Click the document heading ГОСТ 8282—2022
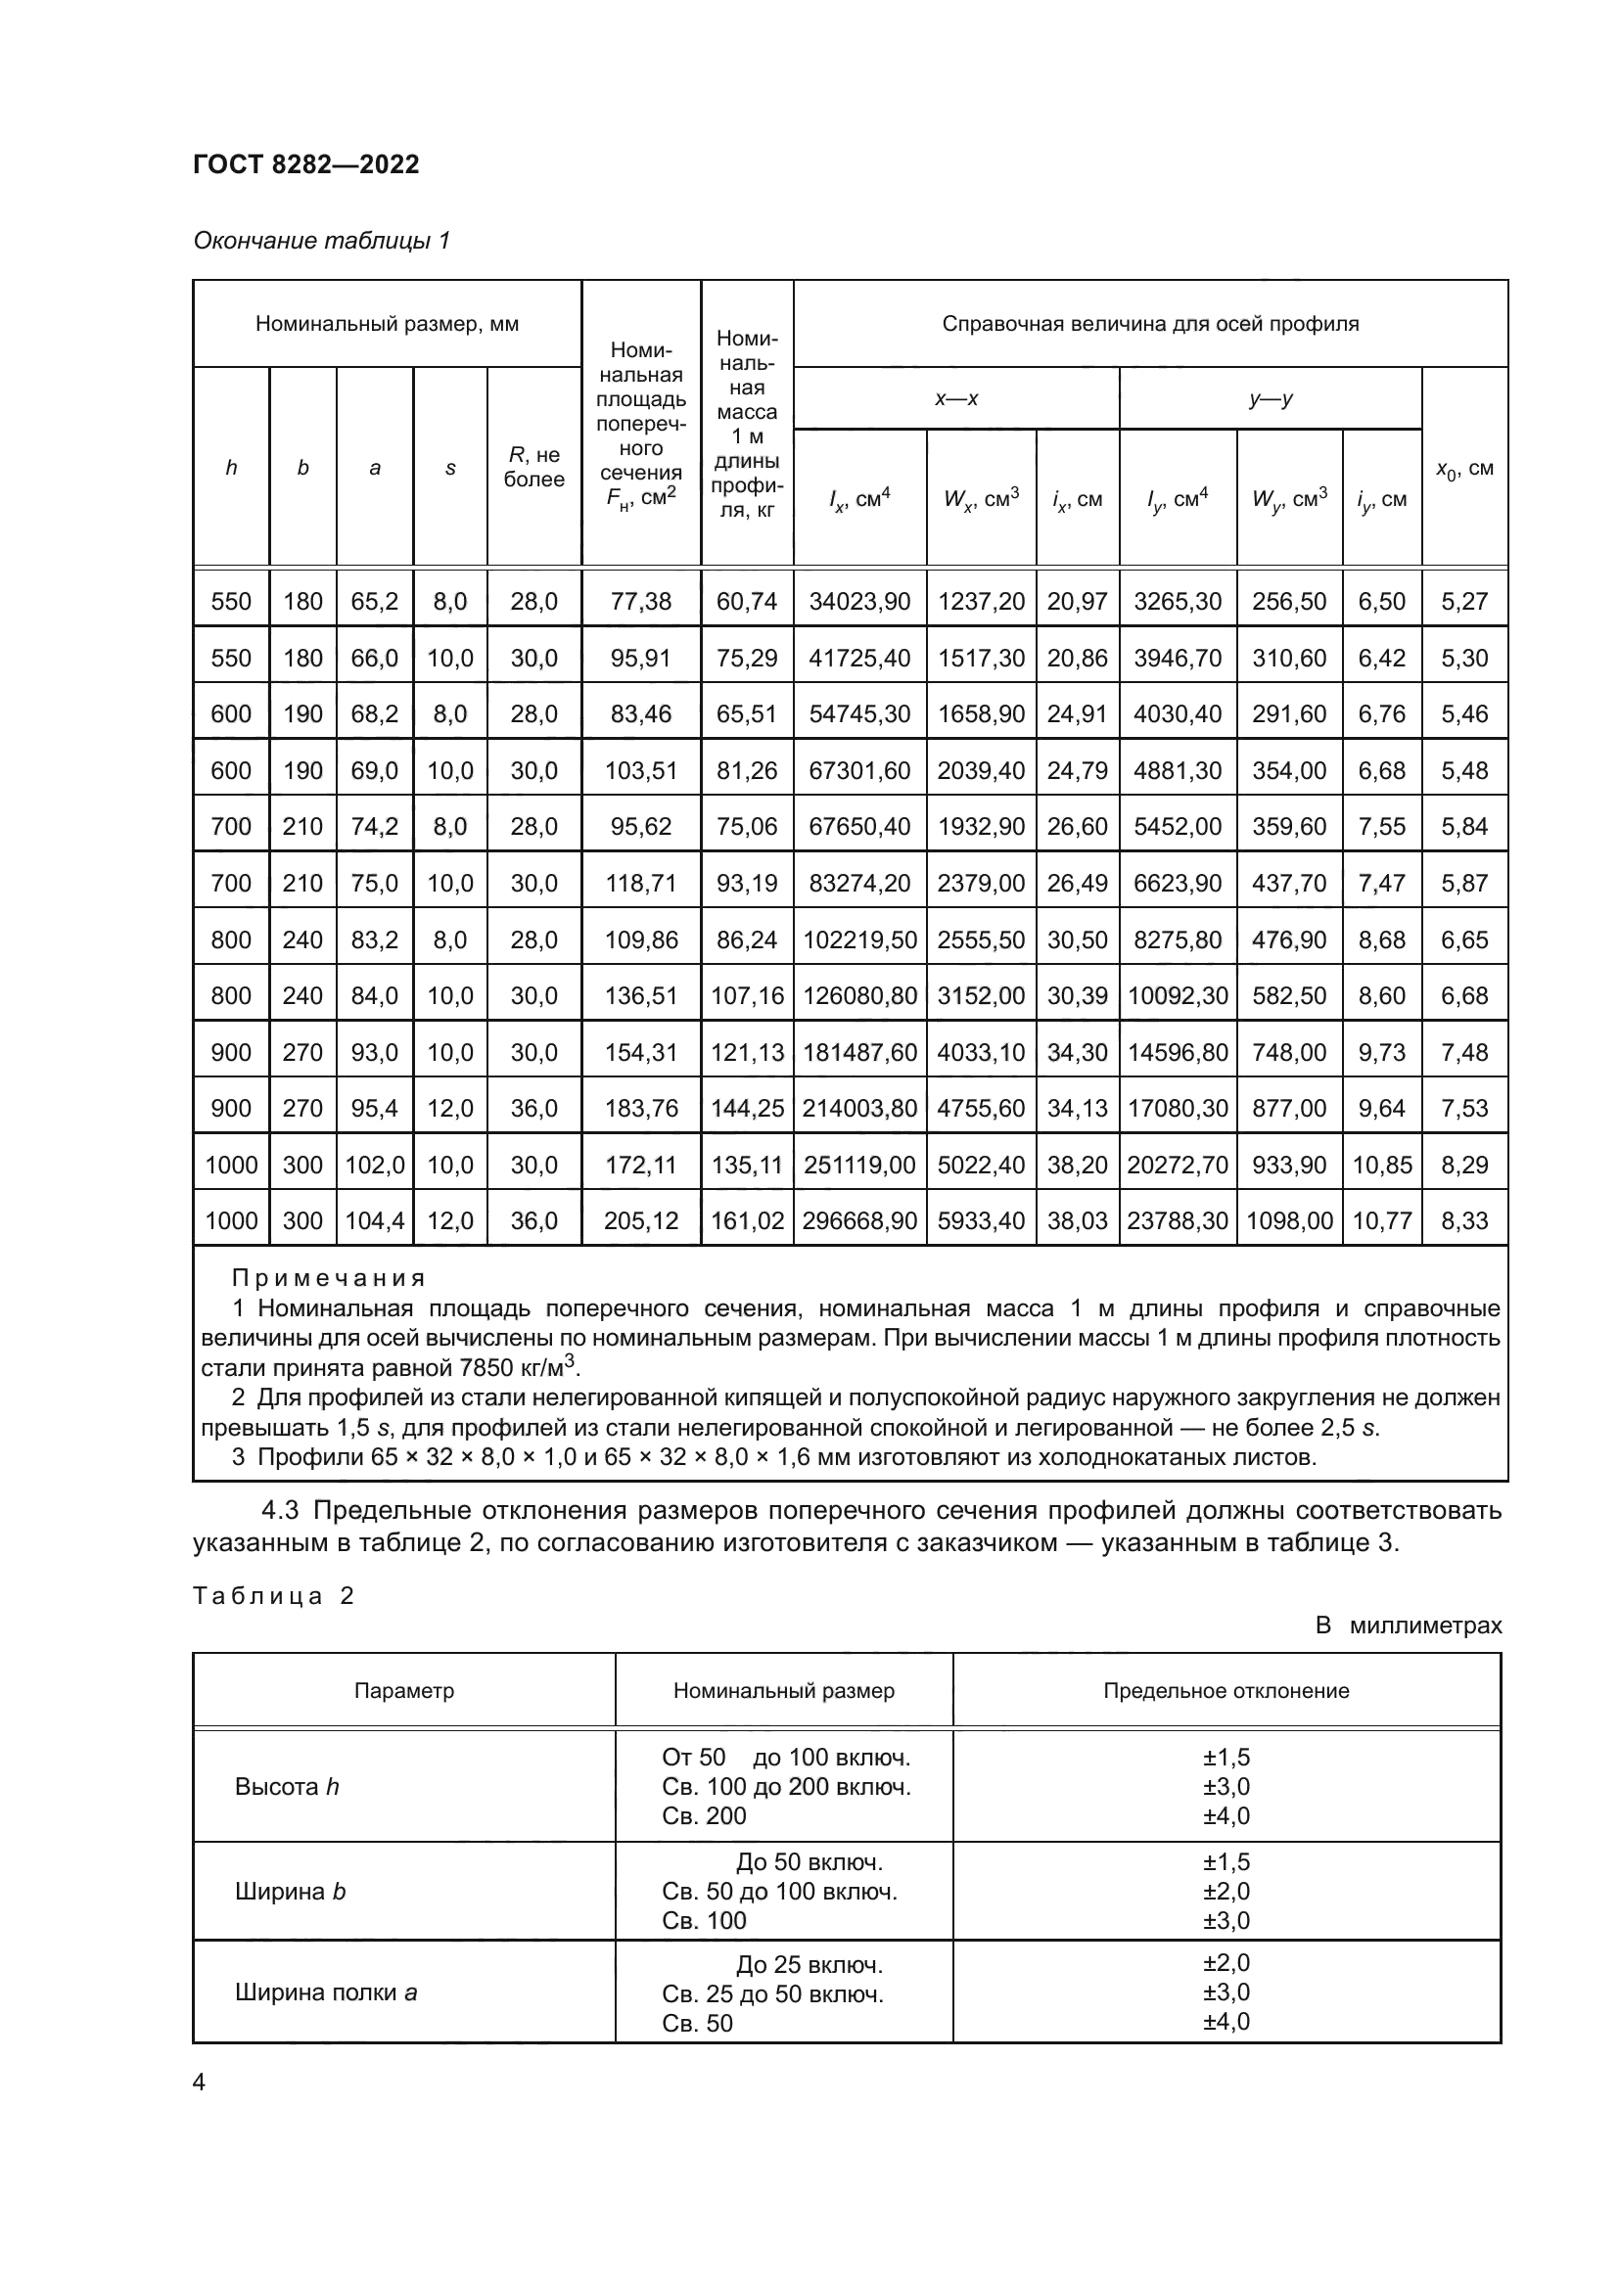[x=306, y=164]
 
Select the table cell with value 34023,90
[x=859, y=601]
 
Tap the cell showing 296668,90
[x=859, y=1220]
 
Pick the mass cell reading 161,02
[x=747, y=1220]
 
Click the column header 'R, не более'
[x=533, y=467]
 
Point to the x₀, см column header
[x=1463, y=468]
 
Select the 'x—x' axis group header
[x=956, y=398]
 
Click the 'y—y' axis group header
[x=1271, y=398]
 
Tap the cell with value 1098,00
[x=1289, y=1220]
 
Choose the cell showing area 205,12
[x=641, y=1220]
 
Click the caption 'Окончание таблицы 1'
[x=321, y=241]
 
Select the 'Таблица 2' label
[x=273, y=1596]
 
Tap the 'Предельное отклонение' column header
[x=1226, y=1691]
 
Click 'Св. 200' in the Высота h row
[x=704, y=1815]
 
